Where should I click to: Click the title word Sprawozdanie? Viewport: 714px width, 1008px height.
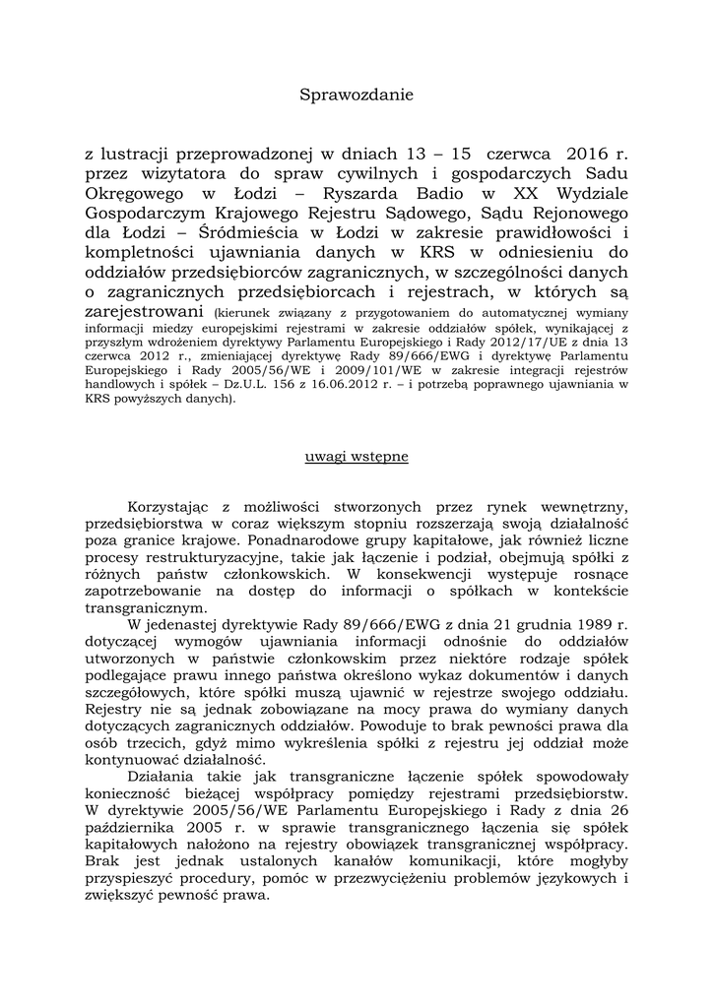click(357, 95)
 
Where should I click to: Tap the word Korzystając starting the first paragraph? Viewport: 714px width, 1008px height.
click(170, 506)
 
